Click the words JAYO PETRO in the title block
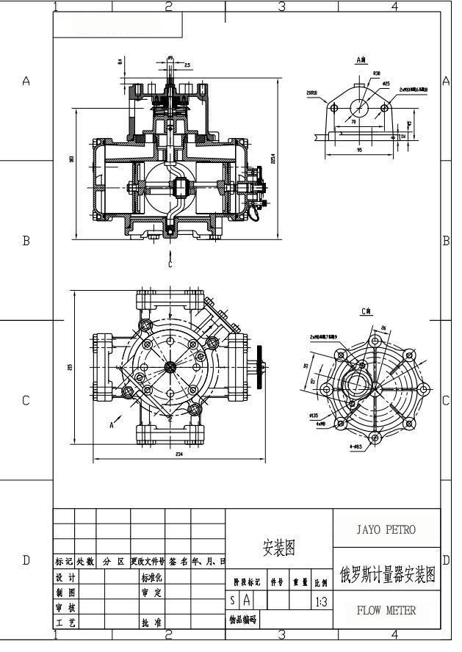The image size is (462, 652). [x=386, y=529]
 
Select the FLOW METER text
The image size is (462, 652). [x=386, y=610]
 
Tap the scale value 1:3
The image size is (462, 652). [x=321, y=602]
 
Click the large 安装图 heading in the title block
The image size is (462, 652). [x=279, y=547]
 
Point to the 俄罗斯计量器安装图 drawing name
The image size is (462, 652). [x=386, y=573]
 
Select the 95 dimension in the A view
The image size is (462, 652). [x=360, y=150]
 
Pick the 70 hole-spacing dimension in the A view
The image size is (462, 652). [x=354, y=122]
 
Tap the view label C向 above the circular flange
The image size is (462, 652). [x=367, y=311]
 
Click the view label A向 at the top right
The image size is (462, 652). [x=361, y=58]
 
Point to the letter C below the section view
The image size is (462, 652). [x=170, y=264]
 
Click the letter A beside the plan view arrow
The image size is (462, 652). [x=111, y=424]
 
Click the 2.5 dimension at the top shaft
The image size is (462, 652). [x=188, y=65]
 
